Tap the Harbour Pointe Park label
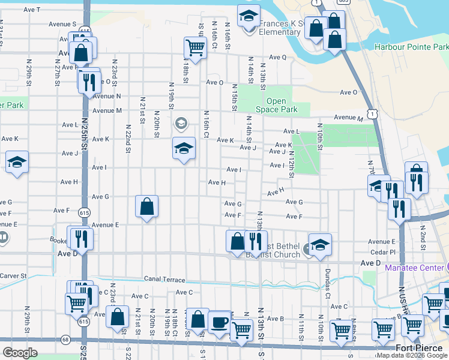click(411, 46)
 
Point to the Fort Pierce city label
click(421, 348)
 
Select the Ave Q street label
click(277, 57)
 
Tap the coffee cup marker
click(218, 322)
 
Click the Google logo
click(20, 353)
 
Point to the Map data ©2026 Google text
click(412, 355)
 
